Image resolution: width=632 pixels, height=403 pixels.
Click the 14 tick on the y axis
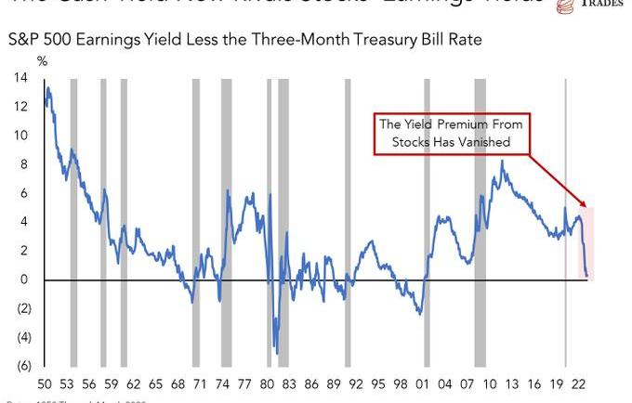pos(20,78)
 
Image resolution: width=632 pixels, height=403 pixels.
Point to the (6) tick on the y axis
pos(20,365)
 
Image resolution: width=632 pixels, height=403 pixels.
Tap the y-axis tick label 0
pos(22,279)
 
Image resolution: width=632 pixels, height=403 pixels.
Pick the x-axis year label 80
pos(268,383)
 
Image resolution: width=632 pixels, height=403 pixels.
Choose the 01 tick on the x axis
pos(423,383)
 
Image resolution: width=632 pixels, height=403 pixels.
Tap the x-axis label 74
pos(223,383)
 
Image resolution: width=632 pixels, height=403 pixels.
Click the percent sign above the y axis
pos(42,60)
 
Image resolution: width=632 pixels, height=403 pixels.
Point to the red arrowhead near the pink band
pos(584,204)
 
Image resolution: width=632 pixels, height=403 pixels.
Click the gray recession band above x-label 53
pos(73,223)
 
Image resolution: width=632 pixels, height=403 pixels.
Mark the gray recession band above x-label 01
pos(427,223)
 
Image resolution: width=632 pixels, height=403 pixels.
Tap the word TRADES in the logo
pos(604,4)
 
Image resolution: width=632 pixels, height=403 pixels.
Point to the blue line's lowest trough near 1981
pos(276,349)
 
